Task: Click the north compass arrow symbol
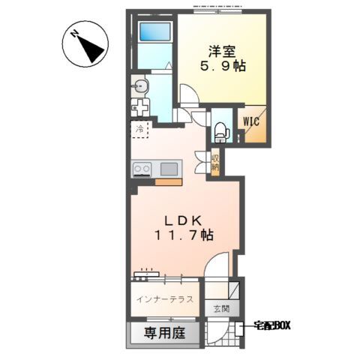tap(88, 46)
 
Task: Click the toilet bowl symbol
tap(220, 132)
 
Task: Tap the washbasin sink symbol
tap(140, 86)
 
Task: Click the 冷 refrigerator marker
tap(139, 130)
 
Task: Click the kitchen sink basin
tap(169, 168)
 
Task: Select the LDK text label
tap(183, 220)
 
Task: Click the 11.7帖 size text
tap(183, 235)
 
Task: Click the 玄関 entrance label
tap(219, 308)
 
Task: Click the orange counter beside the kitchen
tap(168, 181)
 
